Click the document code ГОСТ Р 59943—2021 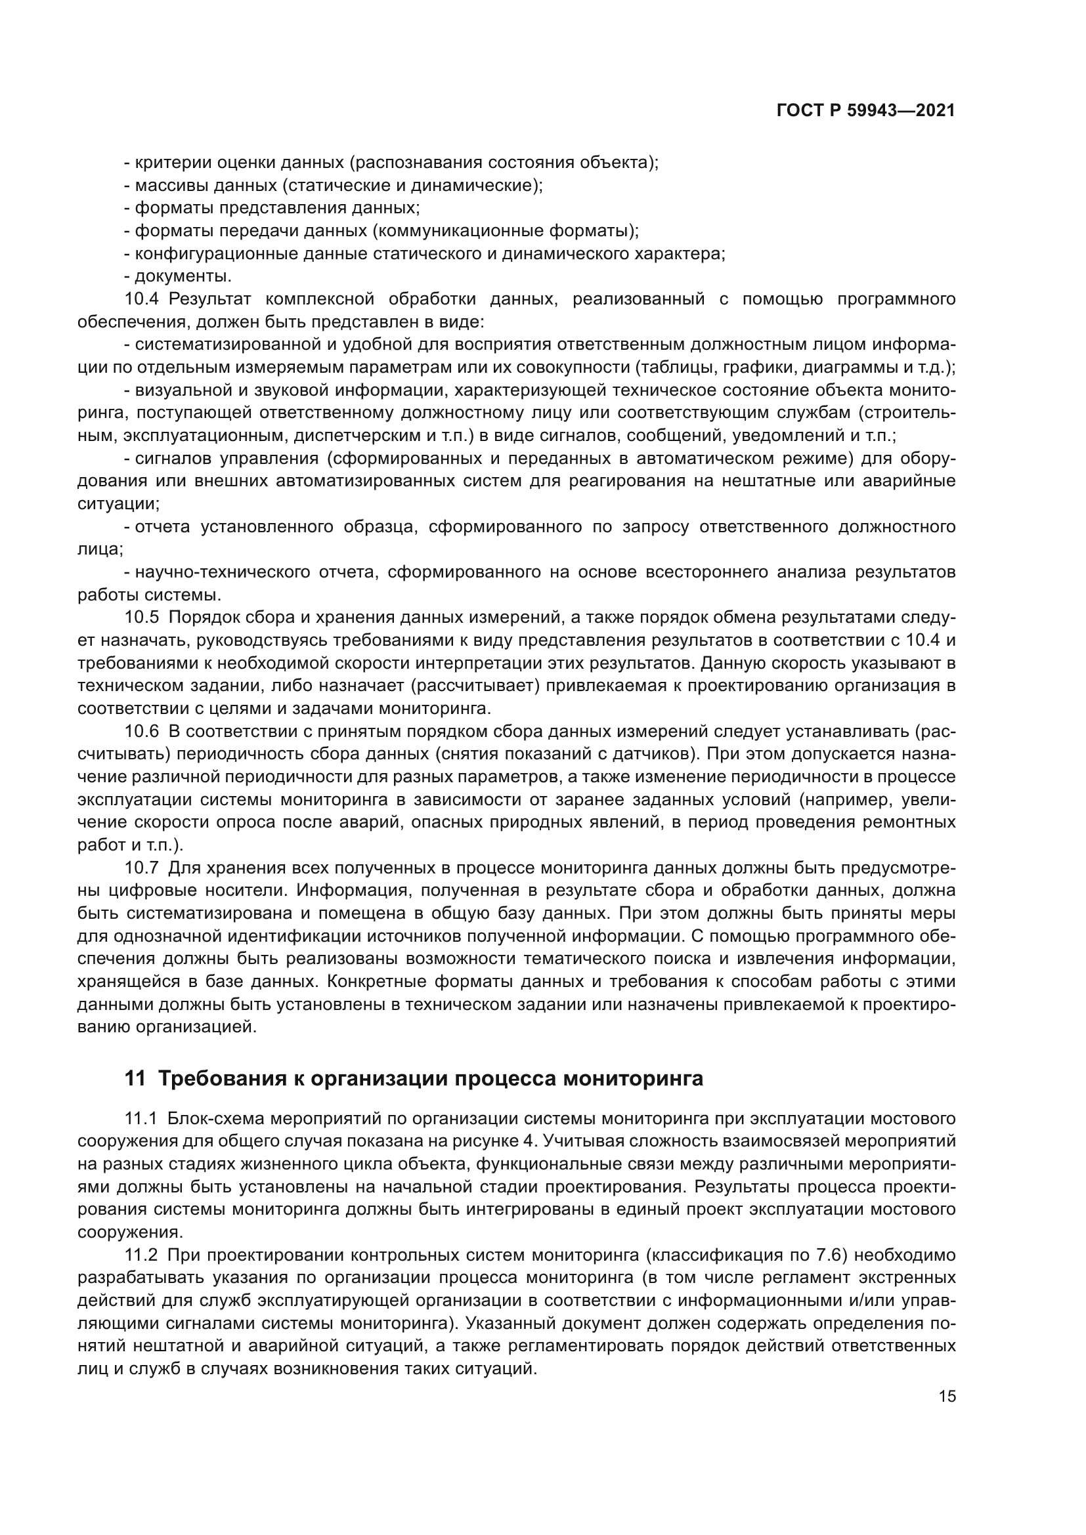tap(865, 111)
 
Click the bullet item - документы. tap(178, 276)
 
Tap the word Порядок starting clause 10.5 tap(200, 617)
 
